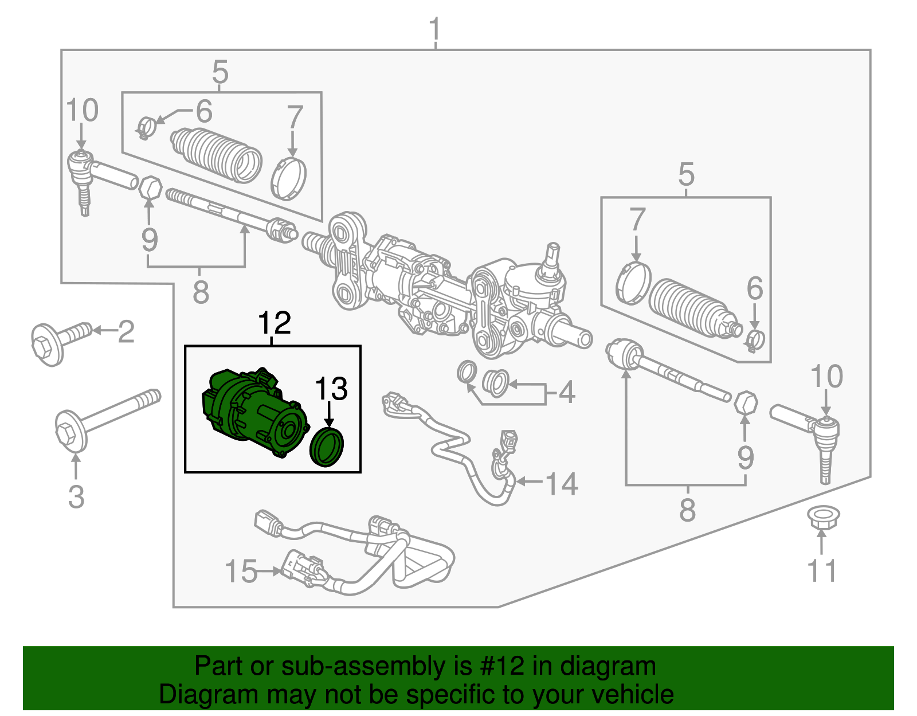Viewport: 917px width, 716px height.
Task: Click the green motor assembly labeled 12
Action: pyautogui.click(x=252, y=413)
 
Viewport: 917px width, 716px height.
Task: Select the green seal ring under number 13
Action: pyautogui.click(x=327, y=447)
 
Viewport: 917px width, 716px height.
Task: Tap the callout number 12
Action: pyautogui.click(x=275, y=323)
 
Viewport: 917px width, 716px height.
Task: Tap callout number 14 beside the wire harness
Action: pyautogui.click(x=561, y=483)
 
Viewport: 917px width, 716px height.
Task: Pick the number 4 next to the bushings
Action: pyautogui.click(x=566, y=393)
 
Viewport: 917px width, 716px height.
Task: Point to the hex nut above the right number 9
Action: pyautogui.click(x=746, y=402)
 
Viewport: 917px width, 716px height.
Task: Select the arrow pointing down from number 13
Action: pyautogui.click(x=330, y=414)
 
